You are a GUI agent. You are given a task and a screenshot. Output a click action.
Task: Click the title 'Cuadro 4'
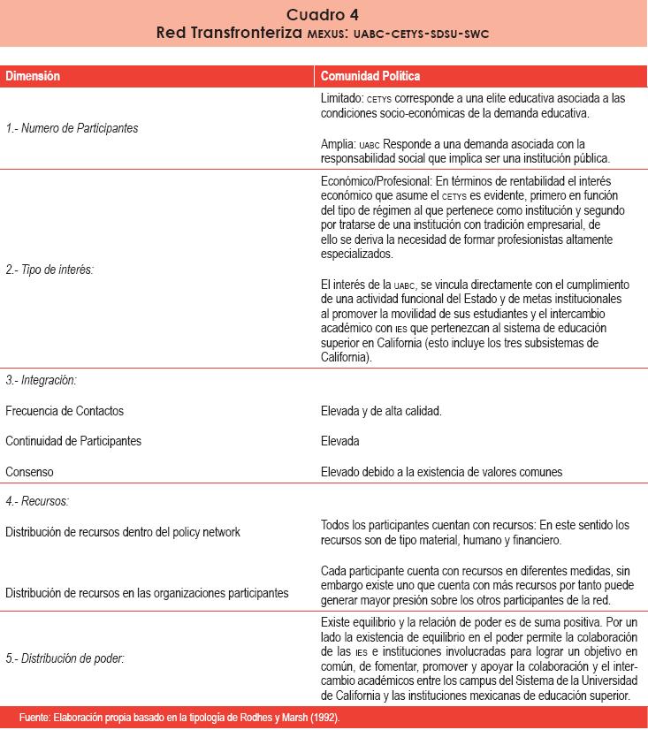(323, 14)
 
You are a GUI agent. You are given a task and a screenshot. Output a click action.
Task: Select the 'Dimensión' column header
(34, 76)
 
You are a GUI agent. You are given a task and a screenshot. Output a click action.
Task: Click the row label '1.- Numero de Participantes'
(72, 128)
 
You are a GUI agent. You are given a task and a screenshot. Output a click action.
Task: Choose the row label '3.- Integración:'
(41, 381)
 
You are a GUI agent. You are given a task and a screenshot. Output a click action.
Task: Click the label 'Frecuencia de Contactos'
(65, 411)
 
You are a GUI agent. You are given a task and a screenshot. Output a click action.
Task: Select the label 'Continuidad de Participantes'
(73, 441)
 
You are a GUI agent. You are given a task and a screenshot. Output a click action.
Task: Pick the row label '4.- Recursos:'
(37, 501)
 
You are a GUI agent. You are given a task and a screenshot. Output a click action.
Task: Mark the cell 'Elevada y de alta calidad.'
(381, 411)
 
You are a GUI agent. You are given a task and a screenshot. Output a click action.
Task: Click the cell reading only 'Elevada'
(340, 441)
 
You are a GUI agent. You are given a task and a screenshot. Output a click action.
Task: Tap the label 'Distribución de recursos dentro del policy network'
(123, 532)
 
